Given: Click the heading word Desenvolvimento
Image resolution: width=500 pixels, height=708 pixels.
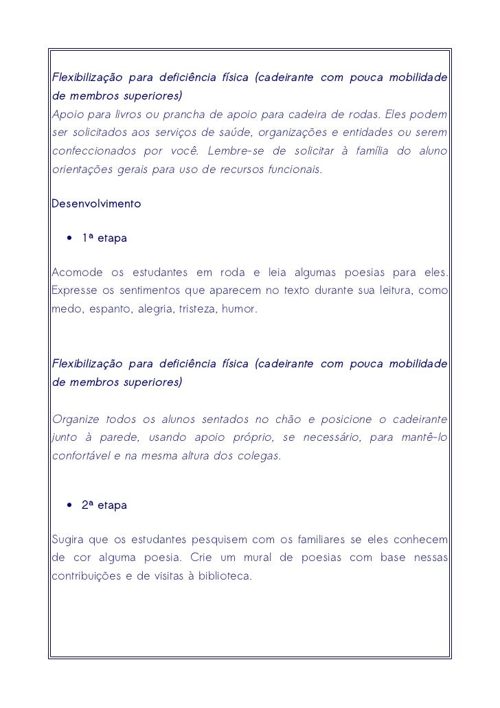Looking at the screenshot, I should click(x=96, y=204).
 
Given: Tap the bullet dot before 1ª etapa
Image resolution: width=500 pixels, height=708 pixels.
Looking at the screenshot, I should click(x=70, y=239).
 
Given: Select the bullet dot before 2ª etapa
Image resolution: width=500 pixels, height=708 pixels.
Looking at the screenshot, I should click(x=70, y=505).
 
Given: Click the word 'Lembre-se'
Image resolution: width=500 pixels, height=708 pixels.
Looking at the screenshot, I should click(x=233, y=150).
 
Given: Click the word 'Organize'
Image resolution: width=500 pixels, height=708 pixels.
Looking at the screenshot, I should click(x=76, y=420).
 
